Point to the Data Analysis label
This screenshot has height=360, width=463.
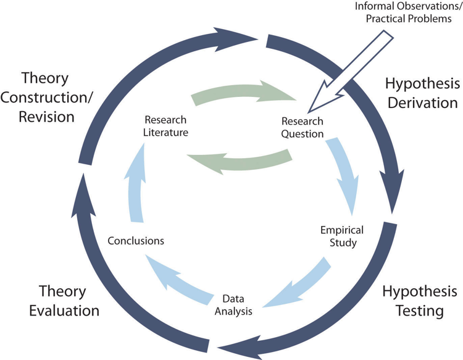coord(233,305)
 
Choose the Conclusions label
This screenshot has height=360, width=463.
coord(136,240)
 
